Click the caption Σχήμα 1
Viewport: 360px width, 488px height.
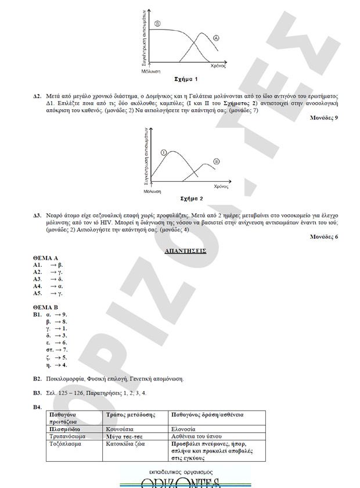[186, 78]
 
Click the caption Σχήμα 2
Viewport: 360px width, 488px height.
[184, 198]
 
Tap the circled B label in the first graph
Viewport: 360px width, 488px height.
[158, 23]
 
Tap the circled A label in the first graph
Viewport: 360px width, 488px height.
[216, 38]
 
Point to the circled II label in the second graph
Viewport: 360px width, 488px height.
[216, 161]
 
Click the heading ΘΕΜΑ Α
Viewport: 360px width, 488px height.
[46, 257]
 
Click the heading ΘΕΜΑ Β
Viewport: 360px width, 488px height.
[46, 307]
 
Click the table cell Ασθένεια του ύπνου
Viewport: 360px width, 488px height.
[197, 435]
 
